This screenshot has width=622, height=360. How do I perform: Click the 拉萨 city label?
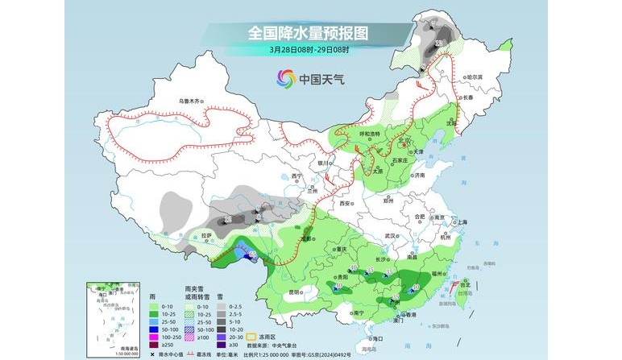tap(207, 235)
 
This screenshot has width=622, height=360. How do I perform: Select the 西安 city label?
tap(345, 205)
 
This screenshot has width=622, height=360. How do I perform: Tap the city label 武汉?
tap(392, 235)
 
